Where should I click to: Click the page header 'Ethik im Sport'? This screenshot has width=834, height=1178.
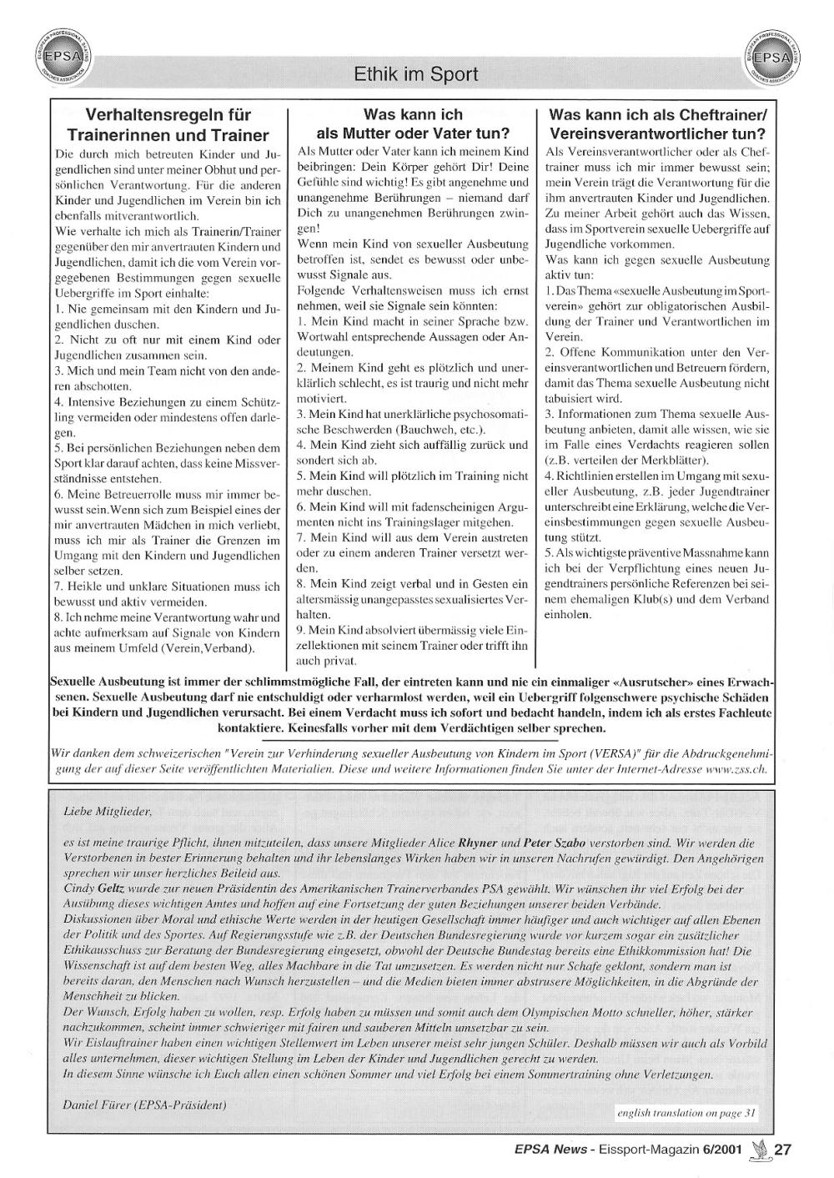click(416, 74)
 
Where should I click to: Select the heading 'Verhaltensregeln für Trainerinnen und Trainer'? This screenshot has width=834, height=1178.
click(168, 124)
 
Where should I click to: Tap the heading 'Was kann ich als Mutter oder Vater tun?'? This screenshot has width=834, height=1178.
click(413, 123)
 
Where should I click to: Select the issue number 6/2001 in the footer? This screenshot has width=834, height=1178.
click(722, 1150)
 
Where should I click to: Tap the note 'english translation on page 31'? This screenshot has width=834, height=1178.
click(686, 1112)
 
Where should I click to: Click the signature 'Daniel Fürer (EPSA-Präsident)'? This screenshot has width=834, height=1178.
click(144, 1105)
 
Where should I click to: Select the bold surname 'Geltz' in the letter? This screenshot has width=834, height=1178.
click(116, 889)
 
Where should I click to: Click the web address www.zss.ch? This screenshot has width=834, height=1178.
click(736, 768)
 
